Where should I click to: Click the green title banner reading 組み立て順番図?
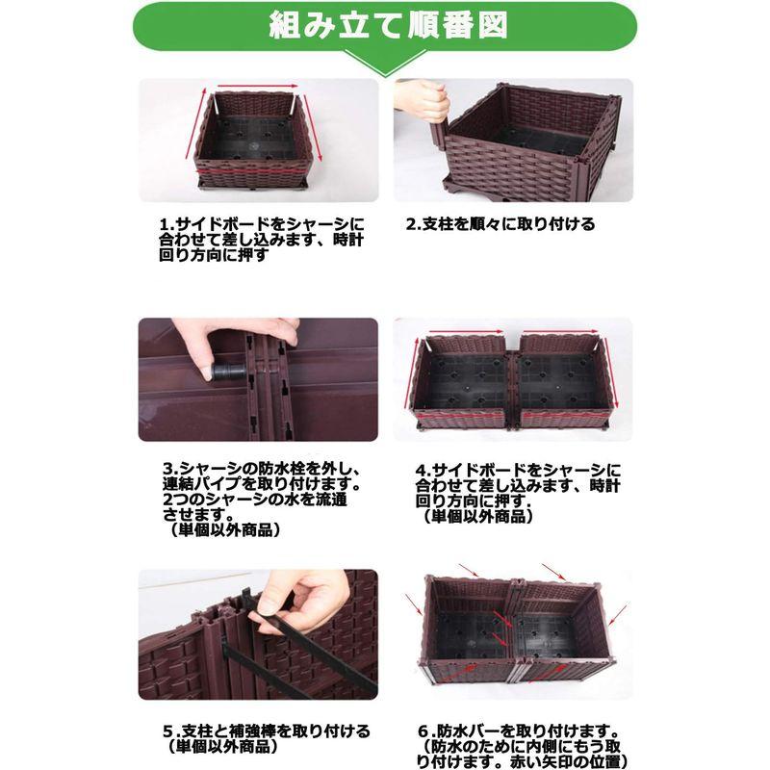[x=385, y=26]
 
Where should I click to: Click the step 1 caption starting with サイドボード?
[x=262, y=239]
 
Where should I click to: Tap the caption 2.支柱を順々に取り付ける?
[x=500, y=224]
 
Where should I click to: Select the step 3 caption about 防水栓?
[x=262, y=499]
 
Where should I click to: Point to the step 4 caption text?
[x=518, y=493]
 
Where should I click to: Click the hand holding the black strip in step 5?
[x=307, y=600]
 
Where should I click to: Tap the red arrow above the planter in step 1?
[x=257, y=87]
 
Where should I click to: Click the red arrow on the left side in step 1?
[x=195, y=123]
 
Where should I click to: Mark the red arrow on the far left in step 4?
[x=412, y=372]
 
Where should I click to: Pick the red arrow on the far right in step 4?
[x=610, y=372]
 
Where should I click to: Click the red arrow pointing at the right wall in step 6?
[x=618, y=615]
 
